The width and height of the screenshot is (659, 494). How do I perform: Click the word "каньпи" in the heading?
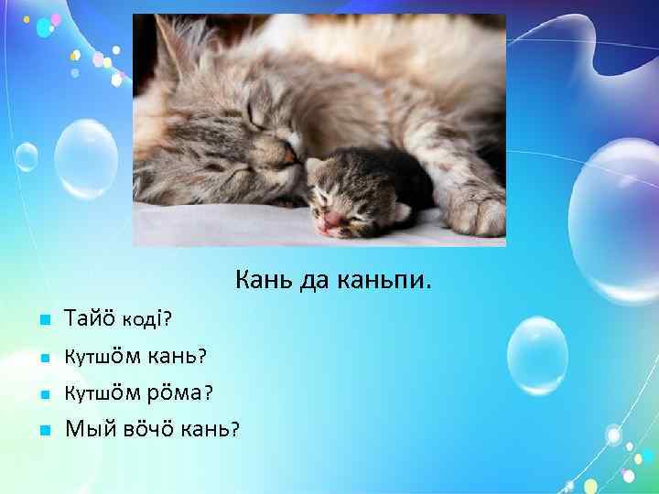(386, 275)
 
